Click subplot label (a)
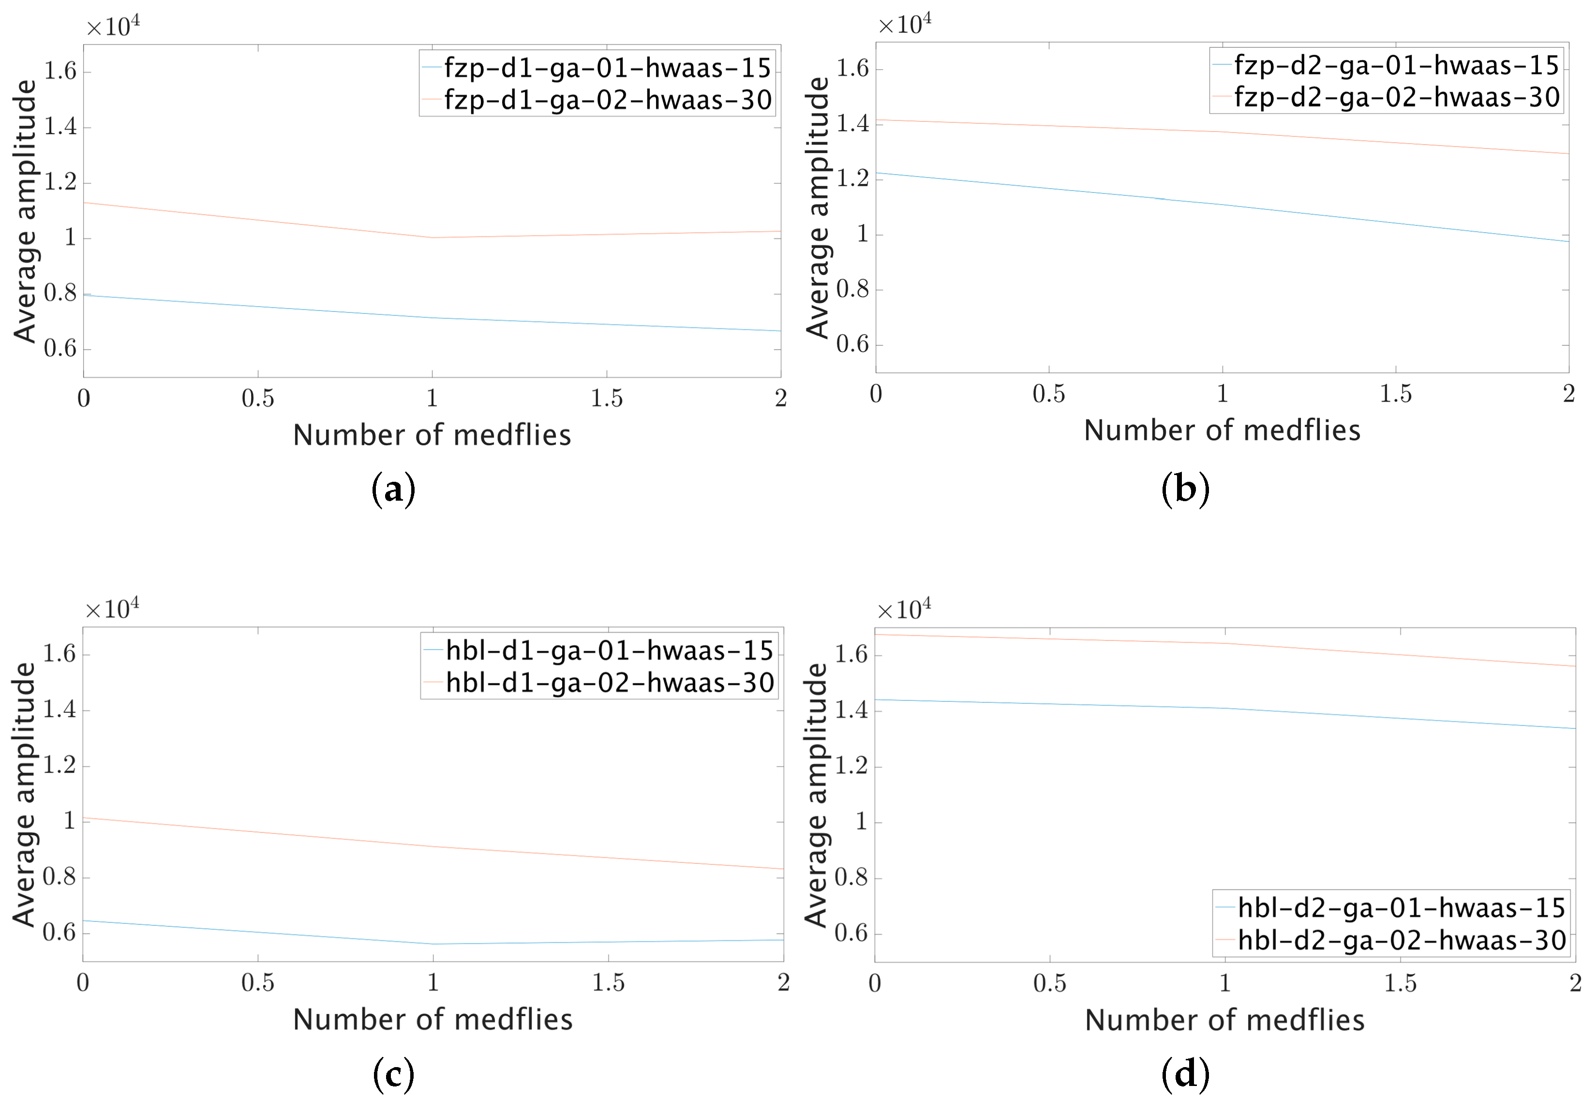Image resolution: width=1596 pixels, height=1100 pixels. (393, 490)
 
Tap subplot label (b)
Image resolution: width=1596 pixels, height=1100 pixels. (1185, 490)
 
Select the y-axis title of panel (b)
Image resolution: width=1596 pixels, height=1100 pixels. (818, 208)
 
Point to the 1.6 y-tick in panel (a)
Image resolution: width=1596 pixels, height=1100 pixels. (60, 71)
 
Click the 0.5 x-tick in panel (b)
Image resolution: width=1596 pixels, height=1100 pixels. (1049, 394)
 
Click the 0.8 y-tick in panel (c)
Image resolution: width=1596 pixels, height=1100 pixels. (60, 877)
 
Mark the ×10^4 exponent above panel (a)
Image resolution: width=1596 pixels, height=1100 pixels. (114, 26)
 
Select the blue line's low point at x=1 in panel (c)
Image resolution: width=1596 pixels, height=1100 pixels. (433, 944)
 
